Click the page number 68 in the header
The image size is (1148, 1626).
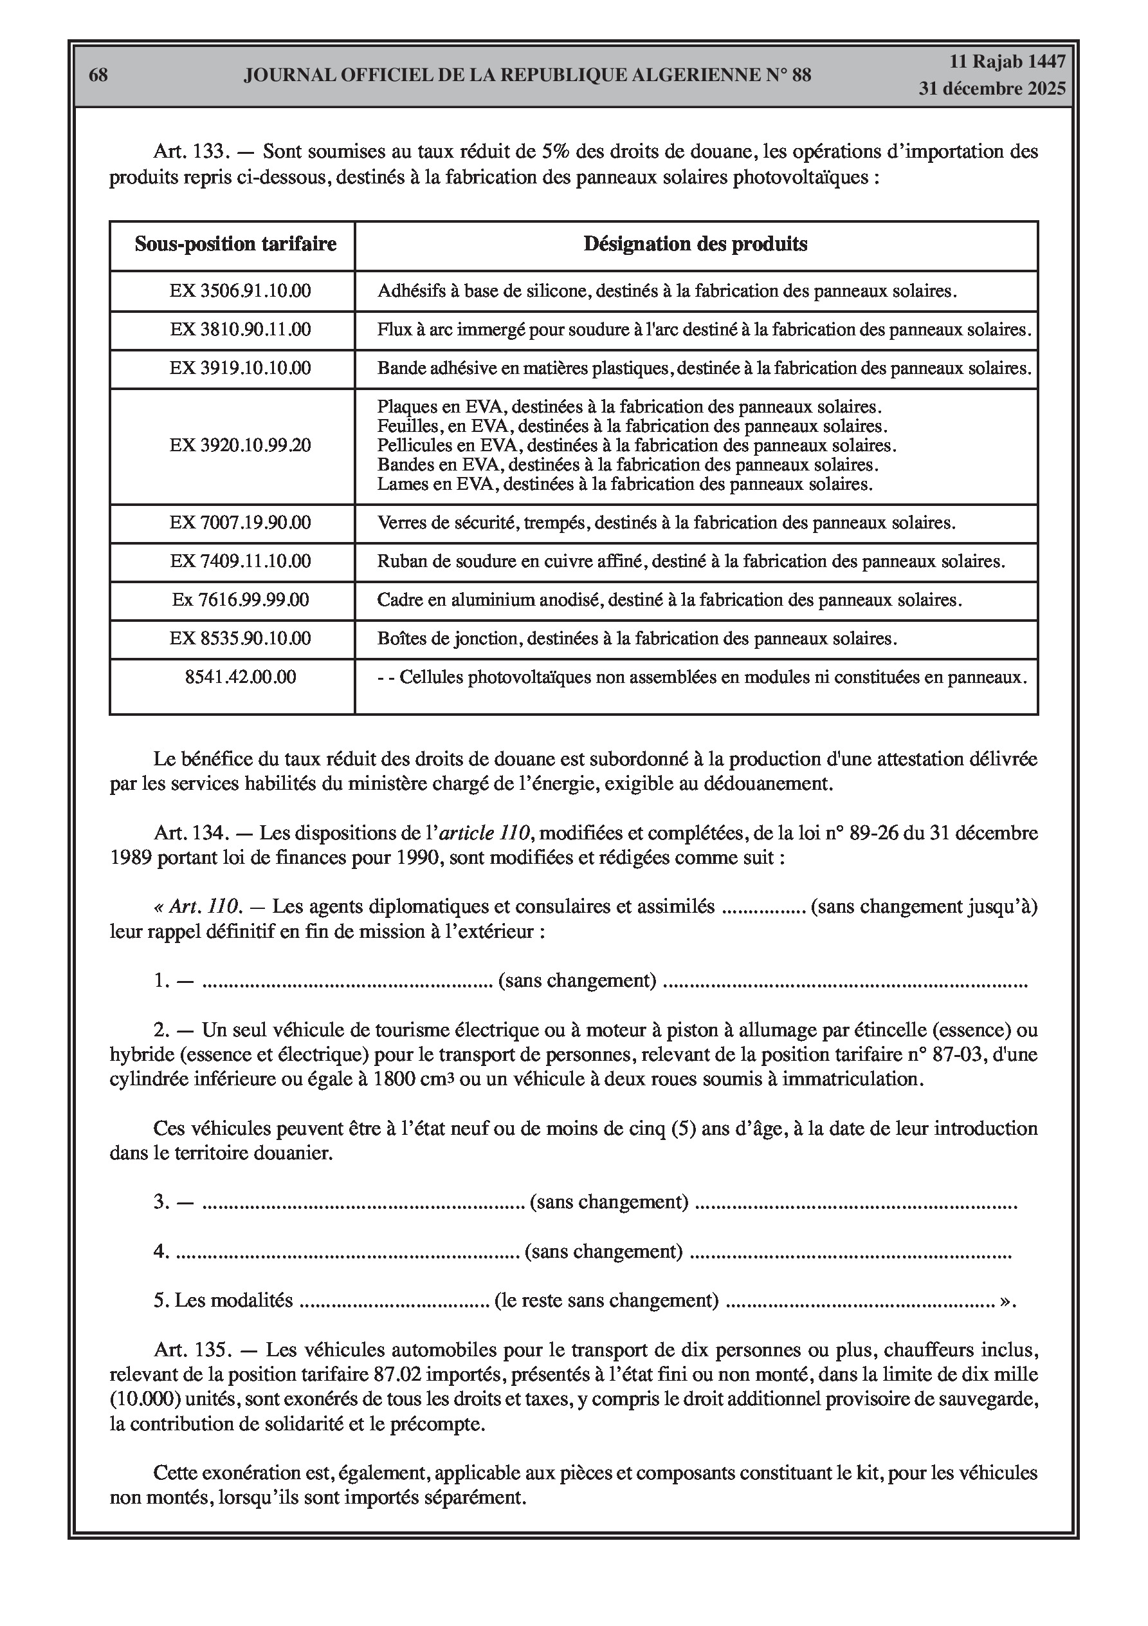point(98,75)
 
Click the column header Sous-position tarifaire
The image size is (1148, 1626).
point(235,245)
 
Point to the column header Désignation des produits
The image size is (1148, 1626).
point(695,245)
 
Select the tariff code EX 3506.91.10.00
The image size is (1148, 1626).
point(240,291)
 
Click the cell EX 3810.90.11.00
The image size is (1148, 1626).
point(240,330)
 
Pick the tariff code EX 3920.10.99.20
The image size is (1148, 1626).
point(240,445)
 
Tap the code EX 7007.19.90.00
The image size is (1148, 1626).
point(240,523)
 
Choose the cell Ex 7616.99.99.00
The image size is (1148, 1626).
point(240,600)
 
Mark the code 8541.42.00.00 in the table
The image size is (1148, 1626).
point(240,677)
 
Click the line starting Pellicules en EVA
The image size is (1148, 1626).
point(636,445)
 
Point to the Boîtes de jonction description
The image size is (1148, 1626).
point(636,639)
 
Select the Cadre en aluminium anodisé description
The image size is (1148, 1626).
point(669,600)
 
